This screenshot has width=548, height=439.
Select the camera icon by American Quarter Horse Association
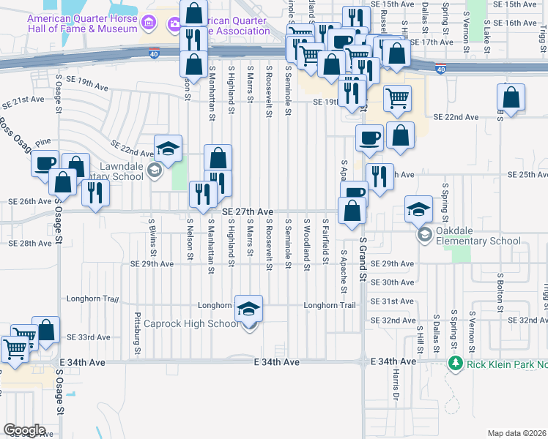pyautogui.click(x=174, y=26)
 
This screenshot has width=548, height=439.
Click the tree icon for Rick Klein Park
pyautogui.click(x=455, y=363)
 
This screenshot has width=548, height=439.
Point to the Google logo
pyautogui.click(x=24, y=430)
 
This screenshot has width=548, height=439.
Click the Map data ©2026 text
pyautogui.click(x=516, y=432)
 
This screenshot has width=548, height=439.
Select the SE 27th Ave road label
pyautogui.click(x=247, y=211)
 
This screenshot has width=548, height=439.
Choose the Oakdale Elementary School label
pyautogui.click(x=479, y=241)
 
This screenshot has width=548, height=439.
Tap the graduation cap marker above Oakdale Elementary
pyautogui.click(x=418, y=209)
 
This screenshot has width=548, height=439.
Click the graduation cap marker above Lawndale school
pyautogui.click(x=169, y=149)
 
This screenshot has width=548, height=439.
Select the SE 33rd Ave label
pyautogui.click(x=88, y=337)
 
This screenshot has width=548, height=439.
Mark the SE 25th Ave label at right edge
pyautogui.click(x=527, y=176)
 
